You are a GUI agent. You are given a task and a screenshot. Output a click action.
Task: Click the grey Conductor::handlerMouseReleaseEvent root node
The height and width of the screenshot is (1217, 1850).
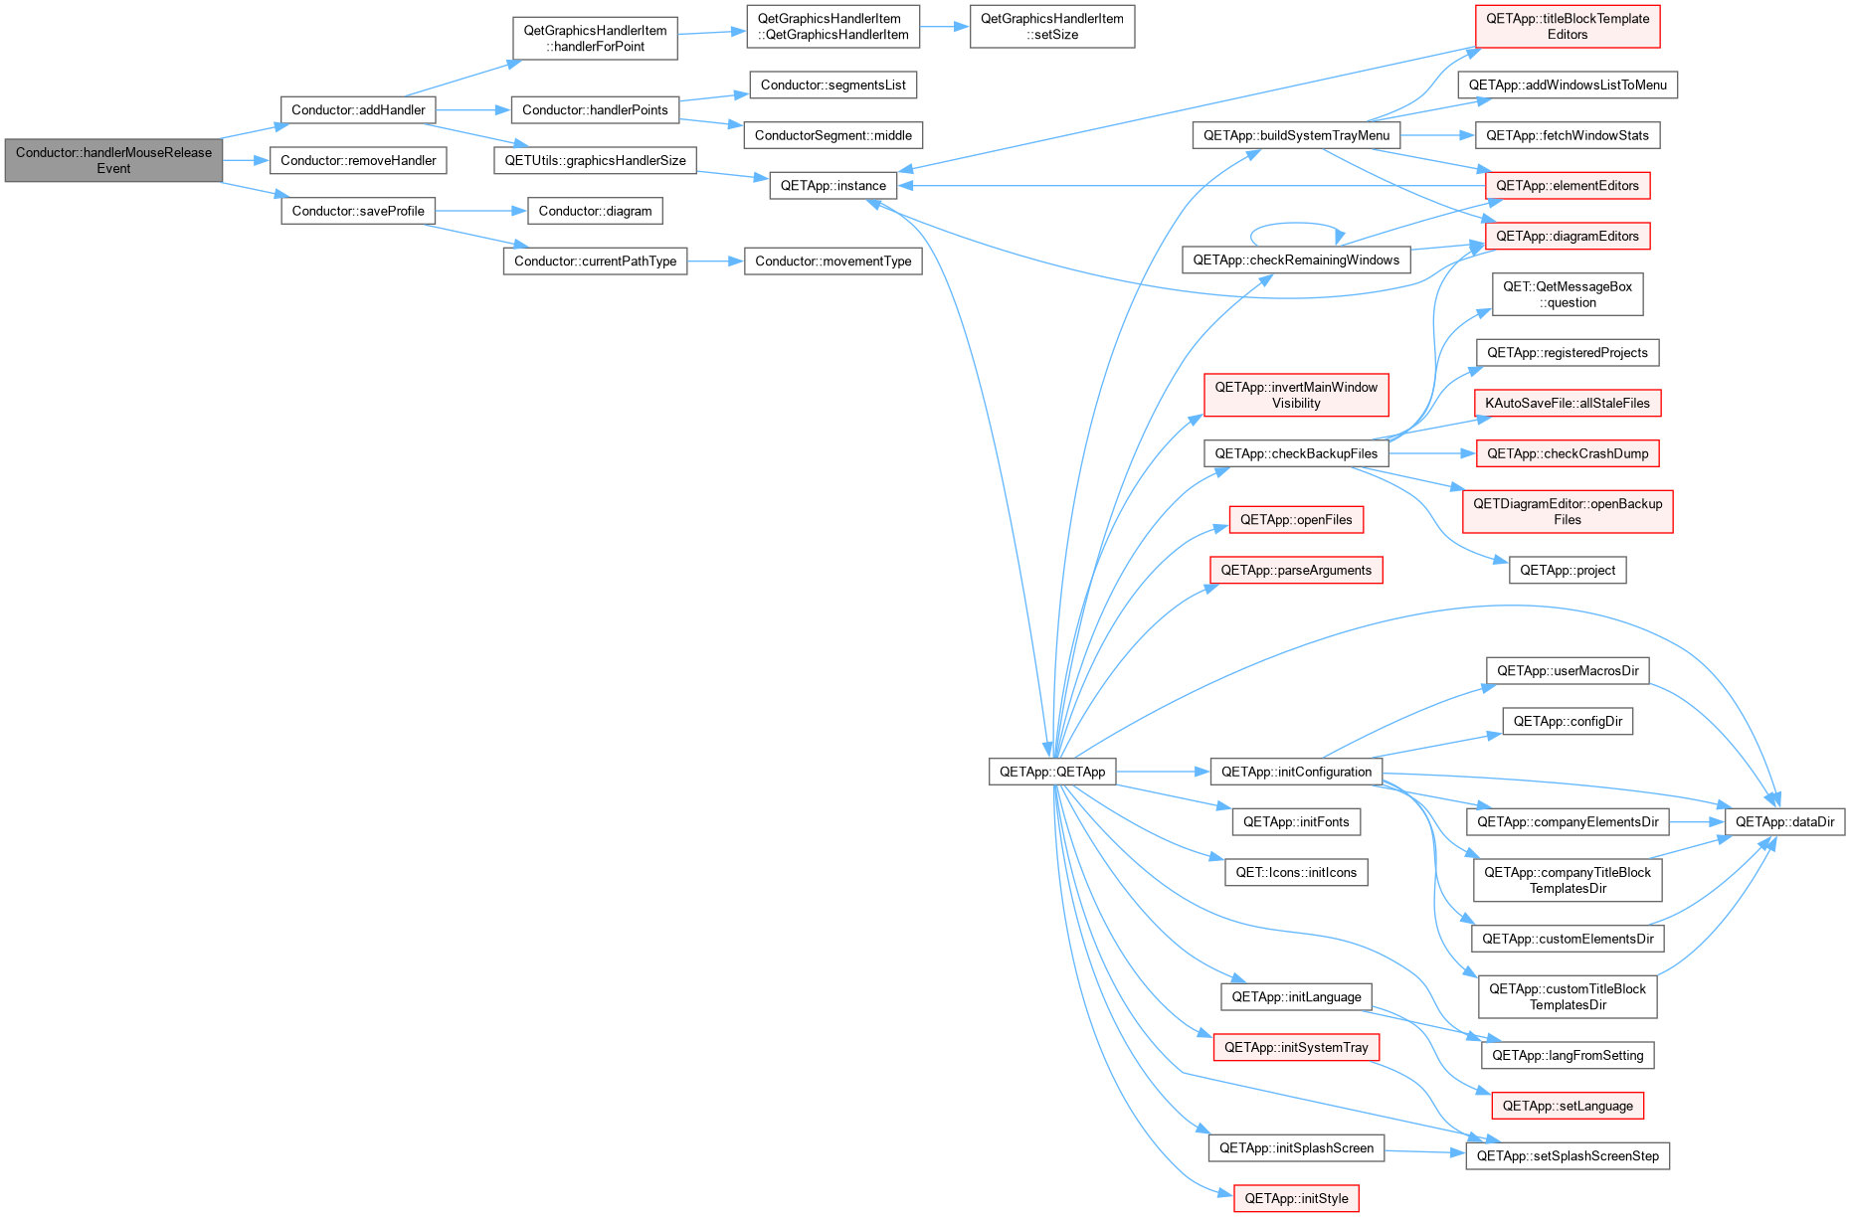[113, 160]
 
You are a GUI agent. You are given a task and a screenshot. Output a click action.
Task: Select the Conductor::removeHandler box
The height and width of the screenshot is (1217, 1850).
[358, 160]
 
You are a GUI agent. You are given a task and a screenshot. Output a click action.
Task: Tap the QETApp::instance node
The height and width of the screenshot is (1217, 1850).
[832, 186]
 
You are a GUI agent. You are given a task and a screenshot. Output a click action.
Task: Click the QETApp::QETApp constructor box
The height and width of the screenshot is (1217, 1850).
[1052, 772]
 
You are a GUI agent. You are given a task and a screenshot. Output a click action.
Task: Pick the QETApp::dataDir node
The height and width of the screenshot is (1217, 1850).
[1784, 822]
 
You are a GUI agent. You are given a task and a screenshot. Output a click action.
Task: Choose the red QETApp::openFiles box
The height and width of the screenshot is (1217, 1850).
[1296, 520]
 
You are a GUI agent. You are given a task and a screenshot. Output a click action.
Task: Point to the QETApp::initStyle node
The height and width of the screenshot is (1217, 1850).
[1296, 1199]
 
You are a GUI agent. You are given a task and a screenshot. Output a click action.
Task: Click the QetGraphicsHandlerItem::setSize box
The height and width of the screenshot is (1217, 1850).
[1052, 27]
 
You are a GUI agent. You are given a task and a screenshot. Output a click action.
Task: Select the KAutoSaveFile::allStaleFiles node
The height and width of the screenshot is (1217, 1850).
[1568, 404]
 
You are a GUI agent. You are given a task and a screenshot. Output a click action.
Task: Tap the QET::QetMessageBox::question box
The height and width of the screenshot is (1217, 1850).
[1568, 294]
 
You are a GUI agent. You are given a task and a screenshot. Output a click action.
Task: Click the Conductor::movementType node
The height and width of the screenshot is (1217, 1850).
[833, 261]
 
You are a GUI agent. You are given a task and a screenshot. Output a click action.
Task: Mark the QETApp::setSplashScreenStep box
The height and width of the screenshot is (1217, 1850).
[1568, 1156]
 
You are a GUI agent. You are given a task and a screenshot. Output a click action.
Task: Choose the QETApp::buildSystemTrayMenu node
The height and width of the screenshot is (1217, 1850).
[1296, 136]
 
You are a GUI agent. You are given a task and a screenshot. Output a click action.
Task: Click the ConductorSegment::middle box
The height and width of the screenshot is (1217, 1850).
[833, 135]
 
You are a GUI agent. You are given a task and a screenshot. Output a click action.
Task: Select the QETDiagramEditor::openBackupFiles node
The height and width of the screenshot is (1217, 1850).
[1568, 512]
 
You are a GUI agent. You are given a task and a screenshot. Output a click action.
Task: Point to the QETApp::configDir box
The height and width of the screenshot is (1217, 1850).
[1568, 722]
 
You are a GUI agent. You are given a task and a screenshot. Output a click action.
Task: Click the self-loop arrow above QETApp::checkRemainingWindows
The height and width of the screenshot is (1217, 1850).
[1296, 224]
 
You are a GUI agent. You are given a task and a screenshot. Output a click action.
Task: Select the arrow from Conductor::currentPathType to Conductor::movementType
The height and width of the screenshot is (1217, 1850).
[715, 261]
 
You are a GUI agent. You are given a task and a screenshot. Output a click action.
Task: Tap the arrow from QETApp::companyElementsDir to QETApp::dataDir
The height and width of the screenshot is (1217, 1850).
[1697, 822]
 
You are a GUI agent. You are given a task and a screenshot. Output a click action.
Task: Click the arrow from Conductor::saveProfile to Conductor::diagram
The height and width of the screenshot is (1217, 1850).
[481, 211]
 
